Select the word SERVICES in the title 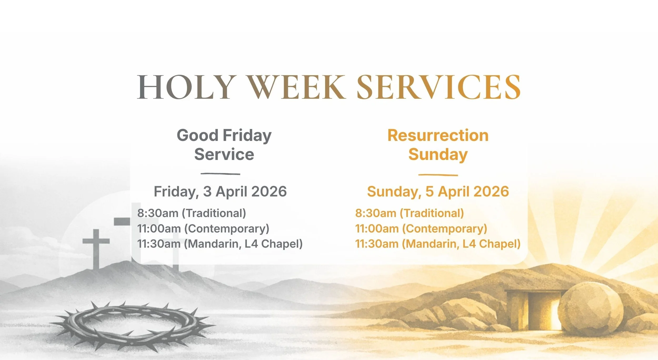(438, 87)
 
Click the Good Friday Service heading (224, 145)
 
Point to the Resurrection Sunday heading (438, 145)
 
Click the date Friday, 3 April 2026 (220, 191)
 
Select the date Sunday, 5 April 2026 (438, 191)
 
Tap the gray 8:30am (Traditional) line (192, 213)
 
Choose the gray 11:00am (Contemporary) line (203, 228)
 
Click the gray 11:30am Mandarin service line (220, 244)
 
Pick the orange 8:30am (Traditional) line (410, 213)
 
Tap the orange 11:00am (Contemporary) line (421, 228)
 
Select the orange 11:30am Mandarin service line (438, 244)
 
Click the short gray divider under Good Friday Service (220, 174)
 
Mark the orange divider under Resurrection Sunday (438, 175)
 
